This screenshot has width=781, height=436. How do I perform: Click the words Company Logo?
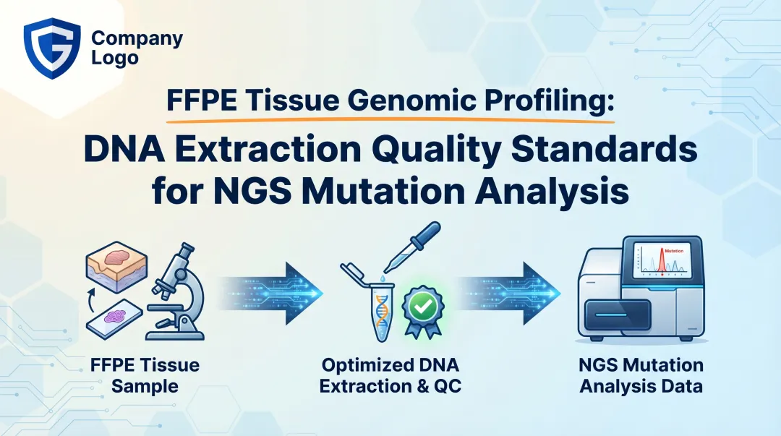click(137, 48)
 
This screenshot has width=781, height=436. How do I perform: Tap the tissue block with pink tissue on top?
click(116, 265)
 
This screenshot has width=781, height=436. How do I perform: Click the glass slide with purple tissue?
click(115, 318)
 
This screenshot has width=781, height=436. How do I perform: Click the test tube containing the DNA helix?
click(381, 311)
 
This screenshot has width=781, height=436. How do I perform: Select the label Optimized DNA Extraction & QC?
click(390, 375)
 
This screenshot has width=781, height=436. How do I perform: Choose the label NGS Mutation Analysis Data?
click(641, 375)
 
